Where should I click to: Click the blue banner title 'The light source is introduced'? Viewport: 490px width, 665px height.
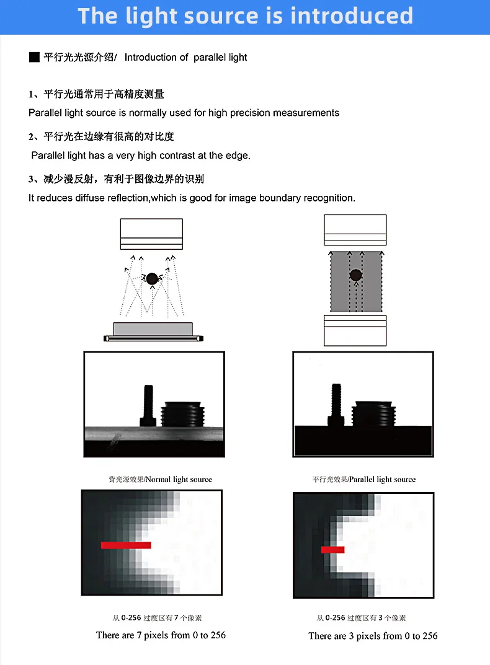click(x=245, y=16)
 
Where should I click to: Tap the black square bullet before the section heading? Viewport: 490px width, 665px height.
click(x=34, y=58)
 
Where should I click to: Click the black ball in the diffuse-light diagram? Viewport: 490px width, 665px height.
click(x=151, y=279)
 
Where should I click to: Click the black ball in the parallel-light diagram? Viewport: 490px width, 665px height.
click(x=355, y=275)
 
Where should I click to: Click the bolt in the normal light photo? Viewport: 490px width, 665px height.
click(x=148, y=405)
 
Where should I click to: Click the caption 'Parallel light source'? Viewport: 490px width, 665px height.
click(x=383, y=480)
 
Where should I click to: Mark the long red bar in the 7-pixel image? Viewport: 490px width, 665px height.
click(x=126, y=545)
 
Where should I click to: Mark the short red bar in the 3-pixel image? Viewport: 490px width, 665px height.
click(x=332, y=550)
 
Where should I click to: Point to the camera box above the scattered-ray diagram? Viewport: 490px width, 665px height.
click(x=151, y=234)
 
